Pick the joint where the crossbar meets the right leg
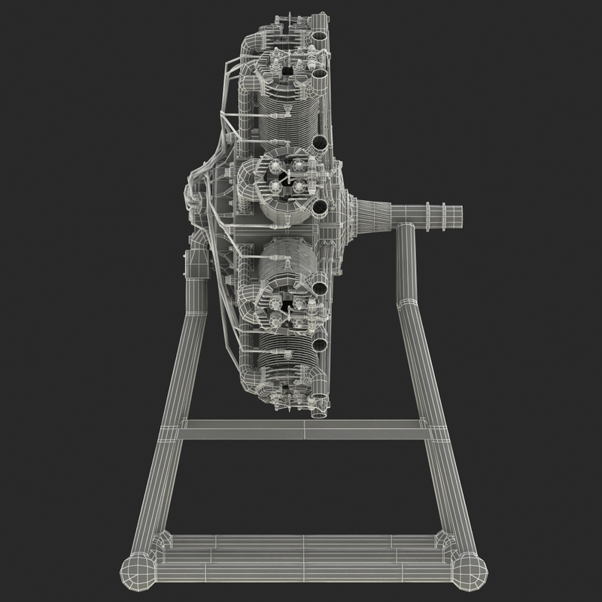click(x=434, y=430)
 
